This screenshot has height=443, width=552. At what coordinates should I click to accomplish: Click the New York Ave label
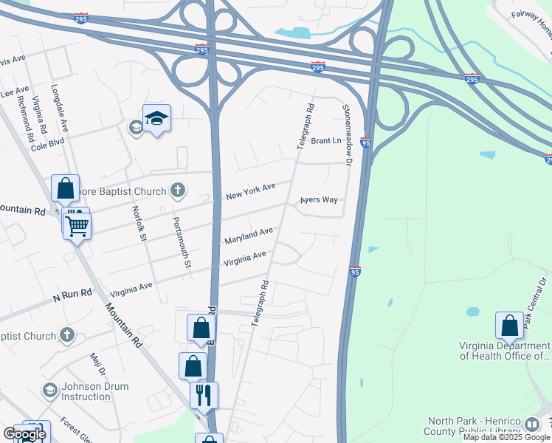coord(250,190)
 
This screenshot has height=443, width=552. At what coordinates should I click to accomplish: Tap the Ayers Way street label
coord(319,200)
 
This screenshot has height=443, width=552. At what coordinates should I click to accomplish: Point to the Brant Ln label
coord(326,140)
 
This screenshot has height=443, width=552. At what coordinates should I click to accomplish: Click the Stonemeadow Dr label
coord(347,133)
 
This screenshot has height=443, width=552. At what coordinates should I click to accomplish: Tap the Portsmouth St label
coord(182,242)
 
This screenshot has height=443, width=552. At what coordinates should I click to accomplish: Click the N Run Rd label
coord(72,294)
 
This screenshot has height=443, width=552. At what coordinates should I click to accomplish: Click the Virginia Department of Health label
coord(504,351)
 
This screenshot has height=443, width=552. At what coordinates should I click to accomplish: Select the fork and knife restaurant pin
coord(204,394)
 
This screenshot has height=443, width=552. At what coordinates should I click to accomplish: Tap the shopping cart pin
coord(77,225)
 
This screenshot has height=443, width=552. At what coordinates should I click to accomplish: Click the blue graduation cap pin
coord(156,118)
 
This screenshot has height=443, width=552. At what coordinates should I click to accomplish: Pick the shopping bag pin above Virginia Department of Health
coord(509,326)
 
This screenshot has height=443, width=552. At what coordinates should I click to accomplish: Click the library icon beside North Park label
coord(532,424)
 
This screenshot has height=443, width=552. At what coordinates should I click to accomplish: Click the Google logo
coord(24,434)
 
